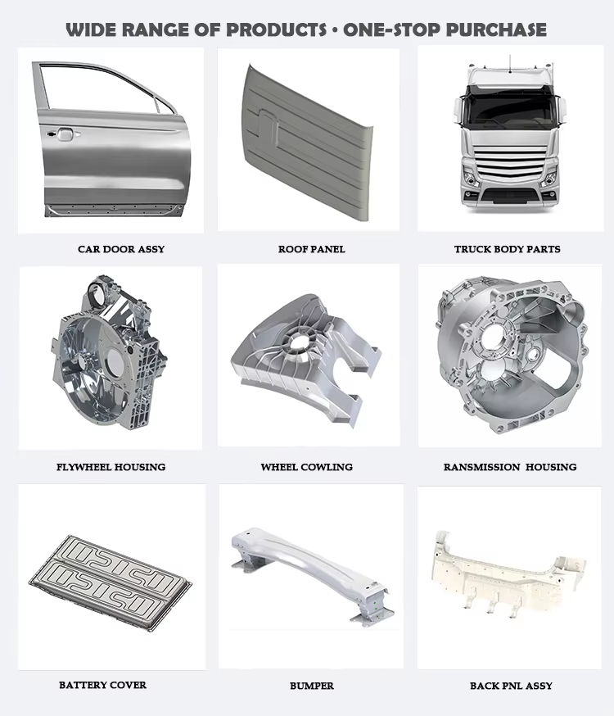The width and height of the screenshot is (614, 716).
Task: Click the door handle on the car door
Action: pyautogui.click(x=63, y=134)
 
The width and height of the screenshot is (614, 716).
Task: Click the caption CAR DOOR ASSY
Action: pyautogui.click(x=121, y=249)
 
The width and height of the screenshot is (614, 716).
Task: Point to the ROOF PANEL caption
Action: pyautogui.click(x=312, y=249)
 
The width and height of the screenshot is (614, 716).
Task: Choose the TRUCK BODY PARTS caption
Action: pyautogui.click(x=508, y=249)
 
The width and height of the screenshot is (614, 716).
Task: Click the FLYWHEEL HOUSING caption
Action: pyautogui.click(x=111, y=467)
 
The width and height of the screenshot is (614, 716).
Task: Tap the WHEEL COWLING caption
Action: pyautogui.click(x=306, y=467)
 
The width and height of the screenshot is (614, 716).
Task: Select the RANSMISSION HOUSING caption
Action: pyautogui.click(x=510, y=467)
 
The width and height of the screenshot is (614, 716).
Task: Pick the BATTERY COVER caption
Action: pyautogui.click(x=102, y=685)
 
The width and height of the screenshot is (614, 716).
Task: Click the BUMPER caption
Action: pyautogui.click(x=312, y=686)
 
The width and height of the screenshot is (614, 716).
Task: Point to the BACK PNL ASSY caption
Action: pyautogui.click(x=511, y=686)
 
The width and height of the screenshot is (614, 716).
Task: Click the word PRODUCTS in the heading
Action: pyautogui.click(x=276, y=30)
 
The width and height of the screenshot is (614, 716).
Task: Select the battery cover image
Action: pyautogui.click(x=111, y=578)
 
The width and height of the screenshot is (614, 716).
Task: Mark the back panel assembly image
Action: pyautogui.click(x=508, y=571)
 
